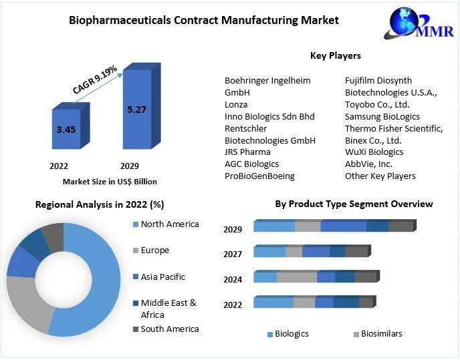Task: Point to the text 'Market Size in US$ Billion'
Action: point(110,181)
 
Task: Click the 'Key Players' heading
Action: point(336,55)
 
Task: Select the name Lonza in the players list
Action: point(236,104)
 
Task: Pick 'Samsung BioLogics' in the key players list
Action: point(382,116)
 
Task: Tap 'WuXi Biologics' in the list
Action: point(374,152)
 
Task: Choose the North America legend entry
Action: point(169,224)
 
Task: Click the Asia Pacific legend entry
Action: point(162,277)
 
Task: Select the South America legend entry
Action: point(169,329)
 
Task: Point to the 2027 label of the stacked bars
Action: point(233,254)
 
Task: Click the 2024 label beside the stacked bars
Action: point(233,279)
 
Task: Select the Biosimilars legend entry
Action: point(381,333)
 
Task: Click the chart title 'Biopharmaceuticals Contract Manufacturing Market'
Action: point(204,20)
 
